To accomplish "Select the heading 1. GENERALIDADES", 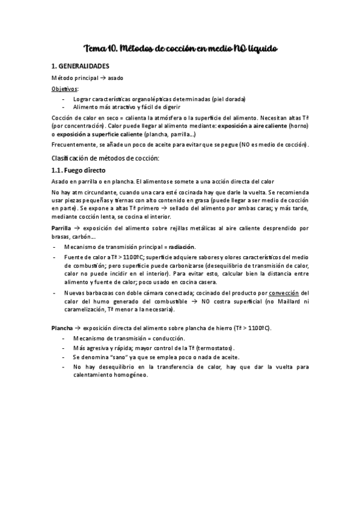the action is click(x=81, y=66).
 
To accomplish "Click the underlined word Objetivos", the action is click(x=65, y=88).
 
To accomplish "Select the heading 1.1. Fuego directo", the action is click(x=78, y=170).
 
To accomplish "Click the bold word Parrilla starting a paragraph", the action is click(x=63, y=228).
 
